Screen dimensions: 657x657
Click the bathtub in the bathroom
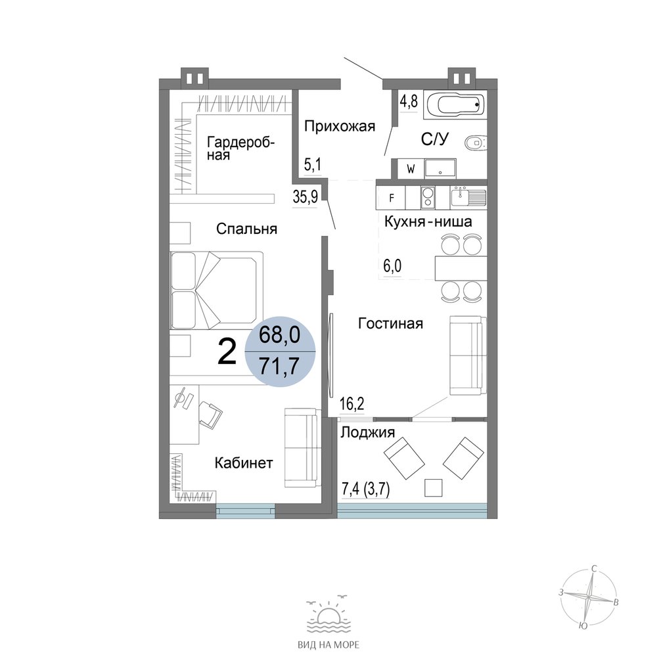455,104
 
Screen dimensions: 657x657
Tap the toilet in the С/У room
476,143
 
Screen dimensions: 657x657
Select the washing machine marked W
411,169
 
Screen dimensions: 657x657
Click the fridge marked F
392,198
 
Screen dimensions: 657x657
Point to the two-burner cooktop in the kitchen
428,197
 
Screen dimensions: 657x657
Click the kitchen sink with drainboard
468,197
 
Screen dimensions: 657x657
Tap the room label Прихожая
340,125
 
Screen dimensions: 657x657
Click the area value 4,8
409,102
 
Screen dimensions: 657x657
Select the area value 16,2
352,404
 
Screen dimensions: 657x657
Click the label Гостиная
390,323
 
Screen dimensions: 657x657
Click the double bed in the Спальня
216,290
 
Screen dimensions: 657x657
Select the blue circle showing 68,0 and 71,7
279,351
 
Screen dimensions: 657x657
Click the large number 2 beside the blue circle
227,352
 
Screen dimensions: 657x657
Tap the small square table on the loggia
433,487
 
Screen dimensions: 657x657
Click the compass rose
589,596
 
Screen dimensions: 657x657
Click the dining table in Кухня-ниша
461,268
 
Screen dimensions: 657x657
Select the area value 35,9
306,196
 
